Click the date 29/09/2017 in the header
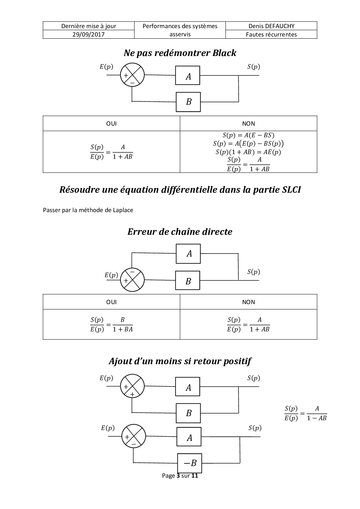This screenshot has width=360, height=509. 89,35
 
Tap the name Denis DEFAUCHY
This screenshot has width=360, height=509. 271,26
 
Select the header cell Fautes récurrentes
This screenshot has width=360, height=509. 271,35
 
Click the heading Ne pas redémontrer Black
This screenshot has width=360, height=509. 180,53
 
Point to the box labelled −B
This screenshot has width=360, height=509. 190,463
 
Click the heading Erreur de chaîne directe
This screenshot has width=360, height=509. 180,232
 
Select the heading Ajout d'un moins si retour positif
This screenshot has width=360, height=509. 180,361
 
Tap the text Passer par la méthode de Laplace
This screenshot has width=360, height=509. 88,210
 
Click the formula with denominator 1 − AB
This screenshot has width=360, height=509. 306,413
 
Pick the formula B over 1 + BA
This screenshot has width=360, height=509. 111,324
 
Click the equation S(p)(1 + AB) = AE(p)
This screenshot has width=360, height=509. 248,152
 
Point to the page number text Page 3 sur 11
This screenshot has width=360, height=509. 180,476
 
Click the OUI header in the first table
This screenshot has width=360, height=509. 111,124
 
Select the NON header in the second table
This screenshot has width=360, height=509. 249,302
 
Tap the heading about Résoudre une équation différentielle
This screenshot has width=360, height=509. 180,189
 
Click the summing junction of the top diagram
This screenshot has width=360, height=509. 132,75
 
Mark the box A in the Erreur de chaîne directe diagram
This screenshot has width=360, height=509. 188,254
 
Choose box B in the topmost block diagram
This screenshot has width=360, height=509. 188,102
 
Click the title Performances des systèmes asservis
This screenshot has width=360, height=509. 180,30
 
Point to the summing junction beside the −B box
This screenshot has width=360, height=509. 134,436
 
